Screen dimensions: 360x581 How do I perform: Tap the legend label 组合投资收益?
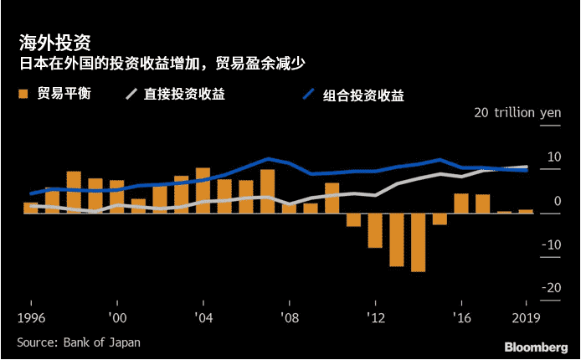point(363,95)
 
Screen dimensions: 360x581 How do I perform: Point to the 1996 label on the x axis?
point(31,318)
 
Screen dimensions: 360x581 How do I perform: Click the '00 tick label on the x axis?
point(117,318)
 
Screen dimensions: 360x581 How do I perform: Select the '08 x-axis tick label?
point(289,318)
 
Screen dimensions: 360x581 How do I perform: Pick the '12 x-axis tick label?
point(375,318)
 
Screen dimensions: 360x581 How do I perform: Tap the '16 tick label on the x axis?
point(461,318)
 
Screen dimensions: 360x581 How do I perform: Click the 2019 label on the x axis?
point(525,318)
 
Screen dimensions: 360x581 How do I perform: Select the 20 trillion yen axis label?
point(516,113)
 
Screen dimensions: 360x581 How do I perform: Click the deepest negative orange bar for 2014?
point(418,242)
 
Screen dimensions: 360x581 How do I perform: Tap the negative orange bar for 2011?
point(353,219)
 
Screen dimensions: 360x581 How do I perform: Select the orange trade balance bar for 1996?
point(31,208)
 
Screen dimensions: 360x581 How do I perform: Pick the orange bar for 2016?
point(461,203)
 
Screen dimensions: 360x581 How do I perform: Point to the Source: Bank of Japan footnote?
point(79,342)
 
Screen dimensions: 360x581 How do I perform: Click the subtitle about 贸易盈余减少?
point(168,64)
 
